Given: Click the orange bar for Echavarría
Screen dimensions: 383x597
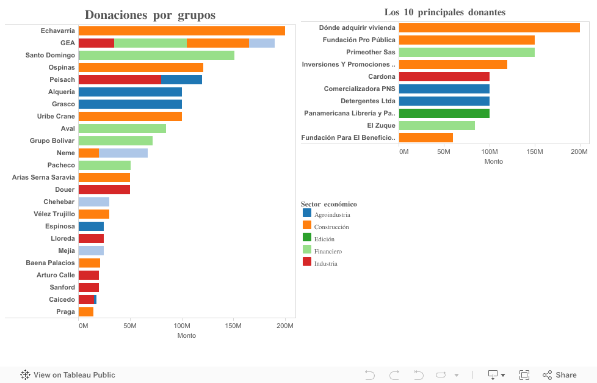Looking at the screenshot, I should [x=182, y=31].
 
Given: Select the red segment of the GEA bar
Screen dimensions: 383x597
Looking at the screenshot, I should [x=96, y=43].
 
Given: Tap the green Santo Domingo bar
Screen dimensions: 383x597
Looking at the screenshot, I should [x=156, y=56].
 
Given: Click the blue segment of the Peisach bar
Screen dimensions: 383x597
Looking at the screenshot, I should [x=181, y=80].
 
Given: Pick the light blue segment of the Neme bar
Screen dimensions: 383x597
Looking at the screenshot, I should [x=123, y=153].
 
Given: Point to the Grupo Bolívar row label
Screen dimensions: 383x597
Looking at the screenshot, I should [x=52, y=141].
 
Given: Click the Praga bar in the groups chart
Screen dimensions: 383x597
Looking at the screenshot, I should [x=86, y=312].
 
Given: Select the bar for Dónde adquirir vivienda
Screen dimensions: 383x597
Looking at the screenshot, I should [x=489, y=27].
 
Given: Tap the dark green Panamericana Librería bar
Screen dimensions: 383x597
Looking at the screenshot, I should [x=444, y=113].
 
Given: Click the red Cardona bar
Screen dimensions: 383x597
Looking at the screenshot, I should [x=444, y=76].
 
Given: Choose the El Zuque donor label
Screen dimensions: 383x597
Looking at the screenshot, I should [x=381, y=125].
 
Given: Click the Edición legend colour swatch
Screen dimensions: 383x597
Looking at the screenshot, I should [x=307, y=238].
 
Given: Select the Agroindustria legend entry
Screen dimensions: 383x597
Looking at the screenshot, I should [x=332, y=214].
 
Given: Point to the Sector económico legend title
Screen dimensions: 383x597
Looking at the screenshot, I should [x=329, y=204].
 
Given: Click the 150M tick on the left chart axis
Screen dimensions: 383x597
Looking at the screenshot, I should [x=234, y=326].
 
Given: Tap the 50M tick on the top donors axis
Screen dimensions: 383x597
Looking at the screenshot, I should [x=444, y=151].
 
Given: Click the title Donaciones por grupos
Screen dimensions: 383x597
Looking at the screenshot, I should [x=150, y=15].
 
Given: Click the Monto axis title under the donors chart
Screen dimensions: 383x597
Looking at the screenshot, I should [x=493, y=161].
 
